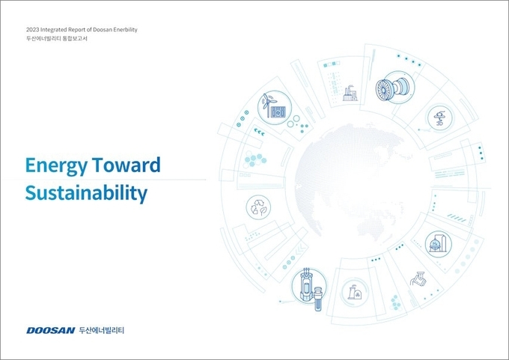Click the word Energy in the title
coord(56,166)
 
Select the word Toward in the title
coord(127,165)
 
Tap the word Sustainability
coord(86,193)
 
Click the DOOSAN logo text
coord(50,331)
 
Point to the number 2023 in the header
coord(33,29)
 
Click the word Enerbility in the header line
coord(125,29)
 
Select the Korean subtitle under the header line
coord(57,39)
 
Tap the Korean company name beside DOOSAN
coord(102,331)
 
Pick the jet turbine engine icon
coord(394,88)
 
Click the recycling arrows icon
coord(258,207)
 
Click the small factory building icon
coord(350,94)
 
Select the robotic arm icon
coord(418,279)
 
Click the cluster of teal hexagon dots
coord(255,159)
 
